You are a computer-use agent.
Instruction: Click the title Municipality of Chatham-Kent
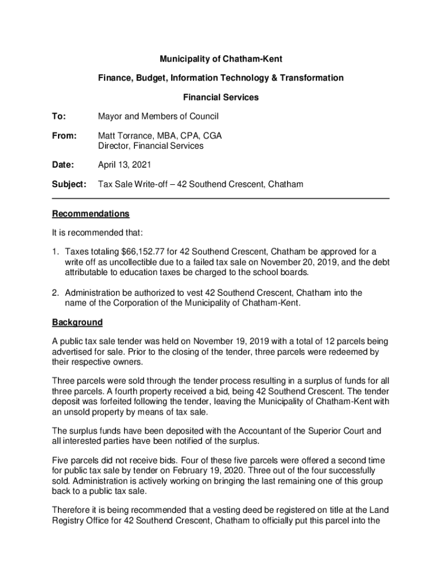(220, 59)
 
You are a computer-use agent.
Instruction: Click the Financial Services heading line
(220, 97)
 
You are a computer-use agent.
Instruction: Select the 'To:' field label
(59, 117)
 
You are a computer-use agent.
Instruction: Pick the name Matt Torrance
(124, 136)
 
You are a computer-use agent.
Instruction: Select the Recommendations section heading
(91, 214)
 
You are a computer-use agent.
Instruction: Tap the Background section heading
(77, 322)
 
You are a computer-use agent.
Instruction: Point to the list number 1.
(55, 252)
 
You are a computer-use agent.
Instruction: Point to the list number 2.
(55, 293)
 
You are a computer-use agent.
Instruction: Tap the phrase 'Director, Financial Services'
(150, 146)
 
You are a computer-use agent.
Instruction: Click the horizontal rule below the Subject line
(220, 199)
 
